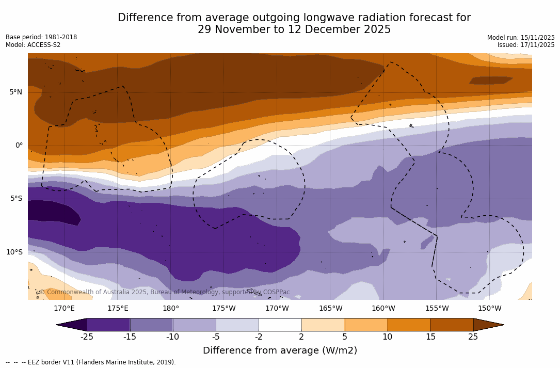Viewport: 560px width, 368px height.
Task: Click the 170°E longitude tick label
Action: click(64, 309)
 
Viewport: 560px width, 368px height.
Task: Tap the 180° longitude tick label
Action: click(171, 309)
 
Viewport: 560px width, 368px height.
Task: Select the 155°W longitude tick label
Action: click(437, 309)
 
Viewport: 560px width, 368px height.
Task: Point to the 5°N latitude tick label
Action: click(15, 92)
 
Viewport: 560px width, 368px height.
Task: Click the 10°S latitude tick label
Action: click(14, 252)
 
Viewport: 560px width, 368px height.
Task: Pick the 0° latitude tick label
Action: click(19, 145)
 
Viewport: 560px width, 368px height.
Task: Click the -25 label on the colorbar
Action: click(87, 337)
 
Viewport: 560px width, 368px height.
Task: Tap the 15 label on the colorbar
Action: click(430, 337)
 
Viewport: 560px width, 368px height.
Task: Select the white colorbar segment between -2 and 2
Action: click(280, 325)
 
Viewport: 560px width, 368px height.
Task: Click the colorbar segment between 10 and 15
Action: click(409, 325)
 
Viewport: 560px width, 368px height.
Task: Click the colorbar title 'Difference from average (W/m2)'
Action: click(280, 350)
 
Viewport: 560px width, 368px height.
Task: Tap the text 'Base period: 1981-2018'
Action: click(41, 37)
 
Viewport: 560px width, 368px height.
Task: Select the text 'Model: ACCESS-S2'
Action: click(33, 45)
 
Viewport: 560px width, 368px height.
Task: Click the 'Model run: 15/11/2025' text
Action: click(521, 38)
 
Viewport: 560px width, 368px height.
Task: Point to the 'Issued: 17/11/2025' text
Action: click(526, 45)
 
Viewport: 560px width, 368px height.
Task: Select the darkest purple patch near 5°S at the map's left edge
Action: click(52, 212)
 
